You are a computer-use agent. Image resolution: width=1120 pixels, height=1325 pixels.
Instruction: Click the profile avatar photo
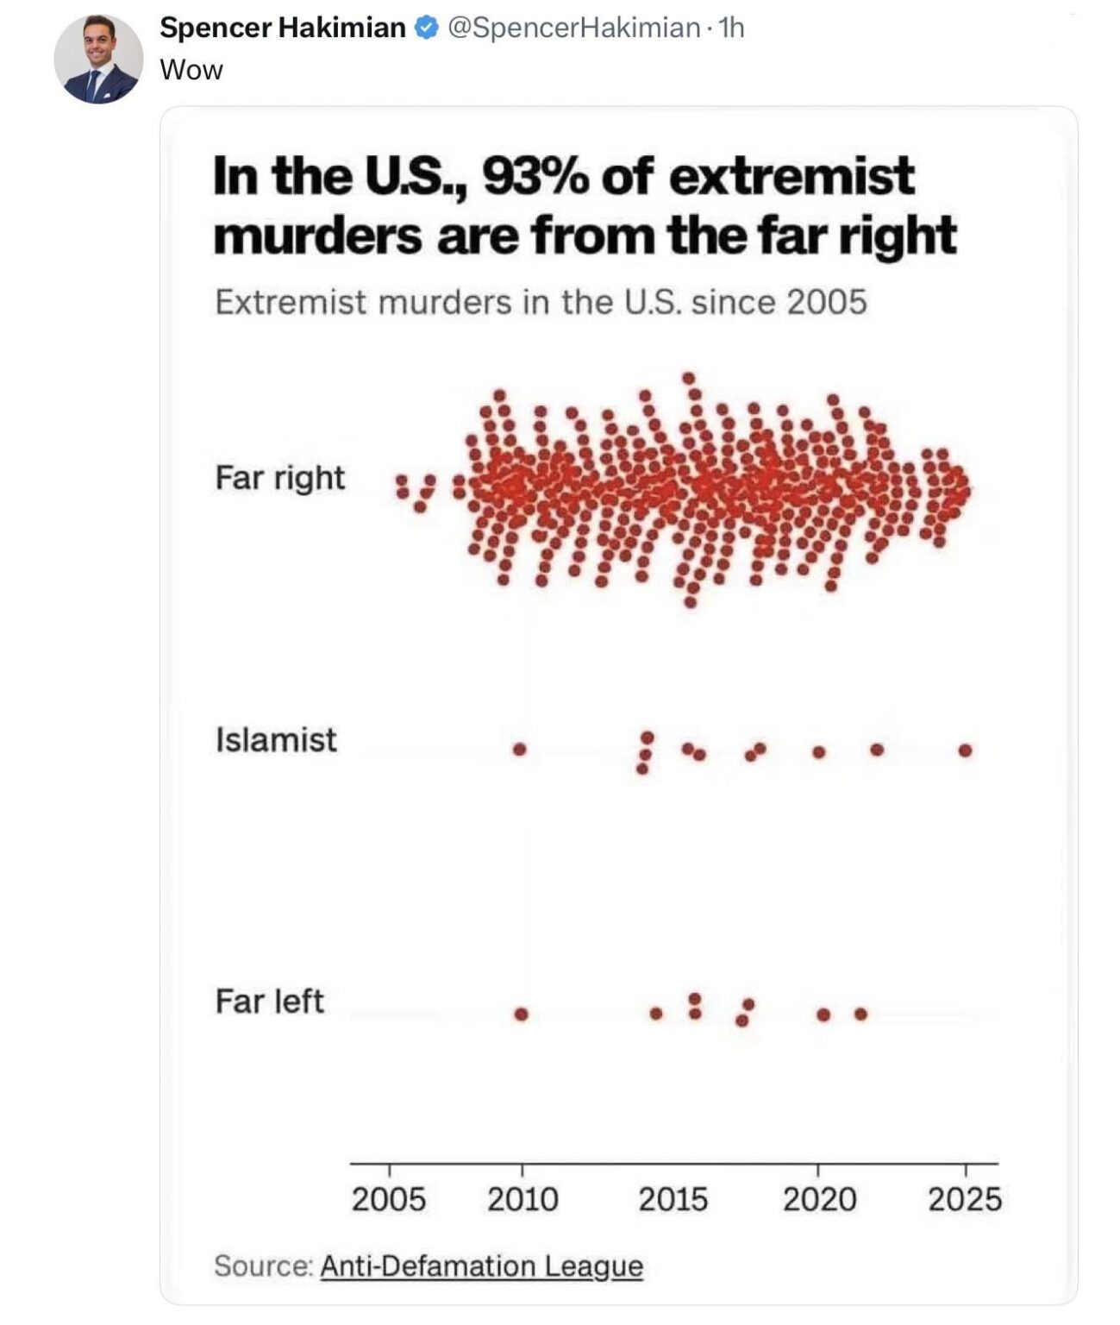98,60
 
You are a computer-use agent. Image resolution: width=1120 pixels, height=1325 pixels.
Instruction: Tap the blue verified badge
426,28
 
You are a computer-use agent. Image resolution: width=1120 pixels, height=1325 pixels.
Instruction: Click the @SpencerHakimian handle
573,28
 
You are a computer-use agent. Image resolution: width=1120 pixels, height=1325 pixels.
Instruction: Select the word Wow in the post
191,70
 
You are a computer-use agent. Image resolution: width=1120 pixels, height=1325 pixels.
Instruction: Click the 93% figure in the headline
535,177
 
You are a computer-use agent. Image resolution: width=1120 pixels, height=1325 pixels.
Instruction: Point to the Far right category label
279,478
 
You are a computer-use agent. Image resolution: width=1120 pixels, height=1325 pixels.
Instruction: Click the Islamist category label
276,740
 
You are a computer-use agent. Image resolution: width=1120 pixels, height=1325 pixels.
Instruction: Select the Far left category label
269,1002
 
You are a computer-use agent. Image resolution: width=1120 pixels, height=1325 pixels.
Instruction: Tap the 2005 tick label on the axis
388,1199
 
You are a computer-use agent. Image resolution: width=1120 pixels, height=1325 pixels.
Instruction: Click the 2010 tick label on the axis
522,1199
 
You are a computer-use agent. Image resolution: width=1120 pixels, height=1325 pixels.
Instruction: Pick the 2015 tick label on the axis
673,1199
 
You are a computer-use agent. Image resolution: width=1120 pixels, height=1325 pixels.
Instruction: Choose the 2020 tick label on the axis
819,1199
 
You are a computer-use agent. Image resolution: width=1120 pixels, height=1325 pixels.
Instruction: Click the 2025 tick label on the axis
965,1199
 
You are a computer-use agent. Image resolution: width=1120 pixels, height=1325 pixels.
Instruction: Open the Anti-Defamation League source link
481,1265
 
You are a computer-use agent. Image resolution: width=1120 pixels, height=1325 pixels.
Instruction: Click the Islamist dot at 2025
965,750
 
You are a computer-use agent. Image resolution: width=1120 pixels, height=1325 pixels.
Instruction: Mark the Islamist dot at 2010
519,749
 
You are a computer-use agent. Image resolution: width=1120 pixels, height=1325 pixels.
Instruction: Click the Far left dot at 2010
521,1014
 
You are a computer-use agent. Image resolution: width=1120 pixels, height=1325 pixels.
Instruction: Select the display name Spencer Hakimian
282,28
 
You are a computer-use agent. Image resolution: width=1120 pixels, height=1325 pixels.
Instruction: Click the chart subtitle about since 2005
541,303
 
